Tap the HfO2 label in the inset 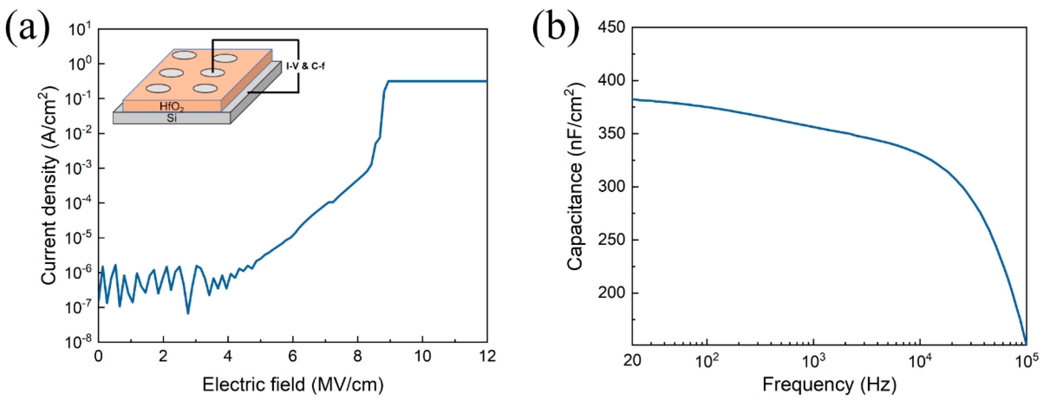[x=172, y=107]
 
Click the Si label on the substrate [x=172, y=118]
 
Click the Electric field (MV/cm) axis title [x=293, y=384]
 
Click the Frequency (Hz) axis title [x=829, y=384]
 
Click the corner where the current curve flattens [x=388, y=82]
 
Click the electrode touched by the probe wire [x=213, y=73]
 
